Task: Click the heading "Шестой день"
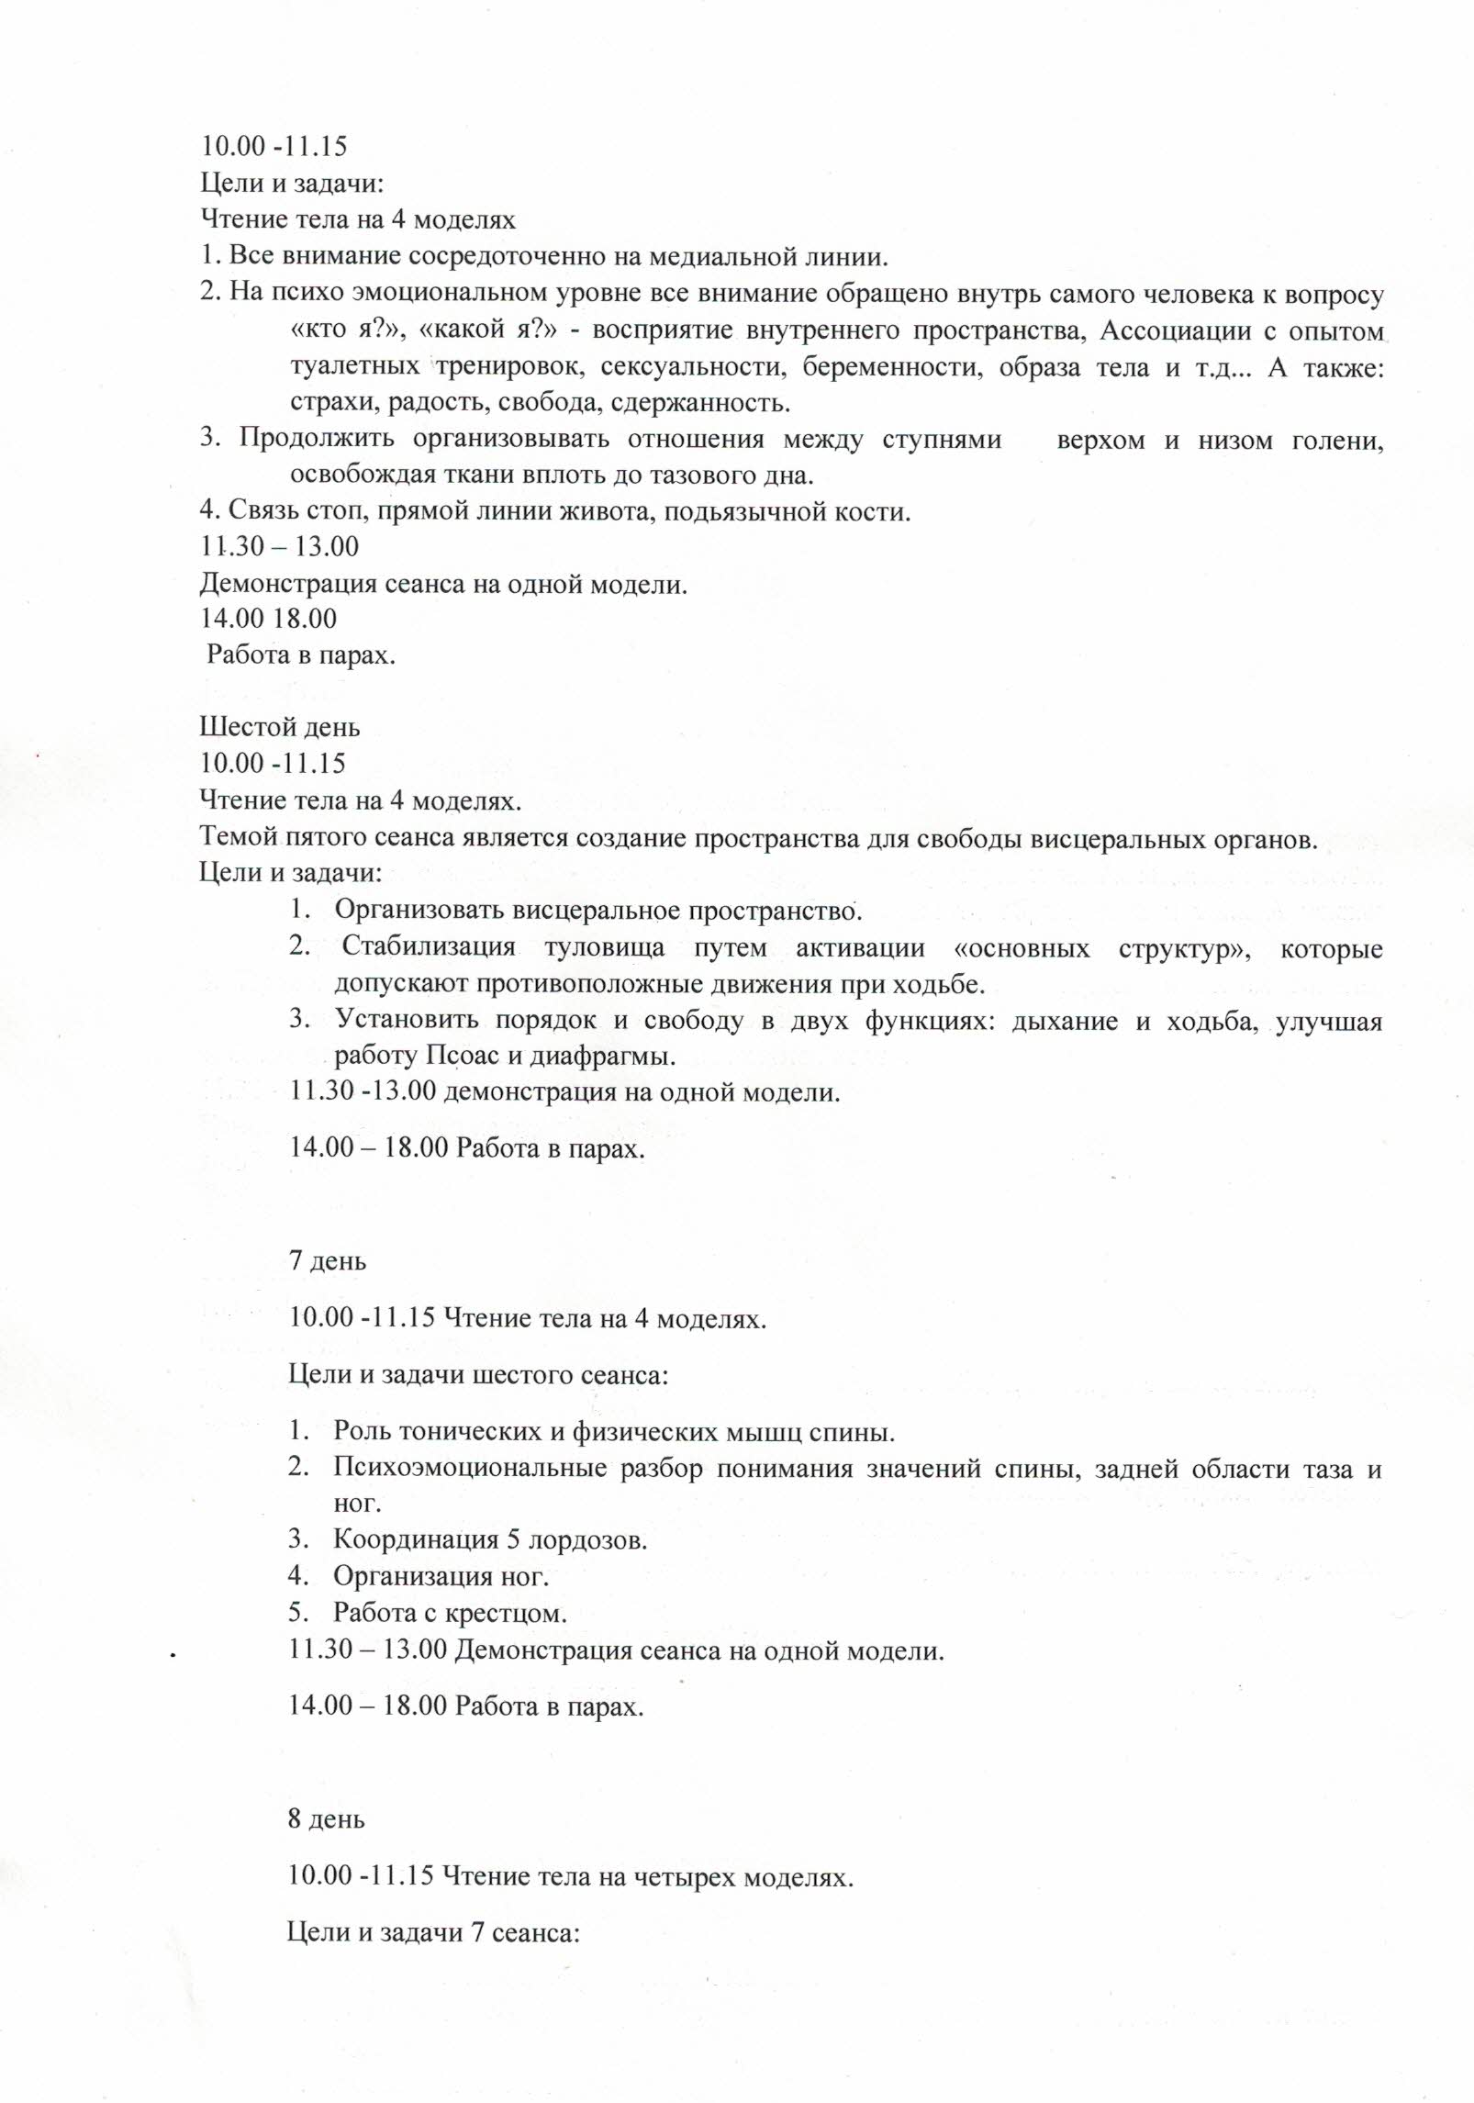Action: tap(280, 728)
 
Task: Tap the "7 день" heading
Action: tap(328, 1260)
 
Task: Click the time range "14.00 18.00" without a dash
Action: tap(269, 619)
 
